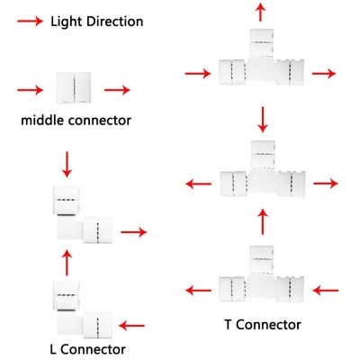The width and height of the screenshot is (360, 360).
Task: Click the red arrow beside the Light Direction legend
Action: click(x=31, y=22)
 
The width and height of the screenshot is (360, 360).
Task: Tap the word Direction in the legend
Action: click(x=115, y=22)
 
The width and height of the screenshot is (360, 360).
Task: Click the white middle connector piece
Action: click(x=74, y=87)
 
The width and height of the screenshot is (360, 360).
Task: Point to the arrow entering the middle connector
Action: click(x=31, y=90)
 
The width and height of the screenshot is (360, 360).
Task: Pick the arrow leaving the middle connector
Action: click(x=117, y=90)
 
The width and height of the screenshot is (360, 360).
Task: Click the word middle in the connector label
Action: click(x=42, y=121)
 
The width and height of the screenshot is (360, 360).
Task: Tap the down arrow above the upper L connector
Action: click(x=67, y=165)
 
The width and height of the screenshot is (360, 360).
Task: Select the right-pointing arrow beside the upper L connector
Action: click(x=134, y=232)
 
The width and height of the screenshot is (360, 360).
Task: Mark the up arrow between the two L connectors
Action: click(x=67, y=263)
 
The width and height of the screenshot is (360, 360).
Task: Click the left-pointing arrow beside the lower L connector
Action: click(x=131, y=326)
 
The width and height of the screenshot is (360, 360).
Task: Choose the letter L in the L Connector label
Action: click(x=53, y=349)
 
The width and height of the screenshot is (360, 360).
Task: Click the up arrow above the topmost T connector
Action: click(x=260, y=12)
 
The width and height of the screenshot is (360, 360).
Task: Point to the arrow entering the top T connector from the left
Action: click(x=198, y=74)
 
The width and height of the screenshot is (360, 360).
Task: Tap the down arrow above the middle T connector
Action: click(x=263, y=120)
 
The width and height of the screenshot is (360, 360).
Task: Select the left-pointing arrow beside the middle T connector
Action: click(x=199, y=184)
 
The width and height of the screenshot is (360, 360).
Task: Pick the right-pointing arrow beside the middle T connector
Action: click(x=326, y=184)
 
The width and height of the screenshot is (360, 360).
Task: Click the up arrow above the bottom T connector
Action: click(x=263, y=221)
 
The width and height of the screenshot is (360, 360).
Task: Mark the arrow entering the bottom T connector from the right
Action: click(x=326, y=291)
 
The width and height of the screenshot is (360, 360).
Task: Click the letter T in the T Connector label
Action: click(x=229, y=325)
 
